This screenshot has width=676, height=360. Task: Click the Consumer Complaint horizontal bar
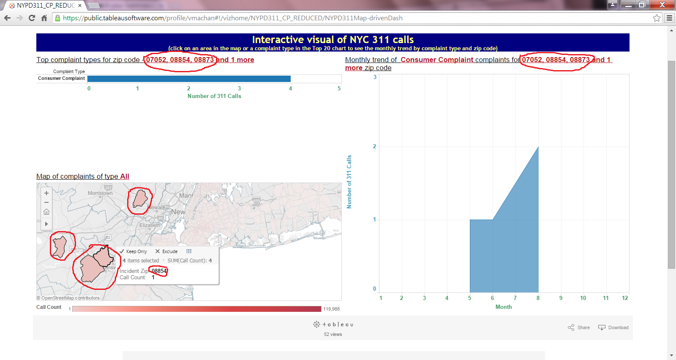[x=189, y=79]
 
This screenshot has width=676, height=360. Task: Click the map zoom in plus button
[x=46, y=193]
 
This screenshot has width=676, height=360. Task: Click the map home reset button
[x=46, y=212]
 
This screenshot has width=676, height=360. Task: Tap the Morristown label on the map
[x=100, y=193]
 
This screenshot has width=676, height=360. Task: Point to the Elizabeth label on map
[x=150, y=225]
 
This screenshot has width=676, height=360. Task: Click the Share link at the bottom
[x=579, y=327]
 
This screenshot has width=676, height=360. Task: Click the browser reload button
[x=32, y=18]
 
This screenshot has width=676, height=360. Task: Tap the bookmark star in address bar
[x=657, y=18]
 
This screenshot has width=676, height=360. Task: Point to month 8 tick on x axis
[x=538, y=298]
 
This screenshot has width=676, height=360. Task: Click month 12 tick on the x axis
[x=625, y=298]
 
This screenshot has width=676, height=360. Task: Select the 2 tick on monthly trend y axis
[x=374, y=146]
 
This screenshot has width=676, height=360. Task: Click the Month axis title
[x=503, y=307]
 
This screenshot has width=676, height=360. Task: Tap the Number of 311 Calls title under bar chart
[x=214, y=96]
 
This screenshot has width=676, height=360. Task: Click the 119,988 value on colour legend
[x=331, y=309]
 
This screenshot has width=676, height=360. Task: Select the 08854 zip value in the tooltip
[x=159, y=271]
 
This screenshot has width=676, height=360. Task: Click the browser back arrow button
[x=7, y=18]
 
